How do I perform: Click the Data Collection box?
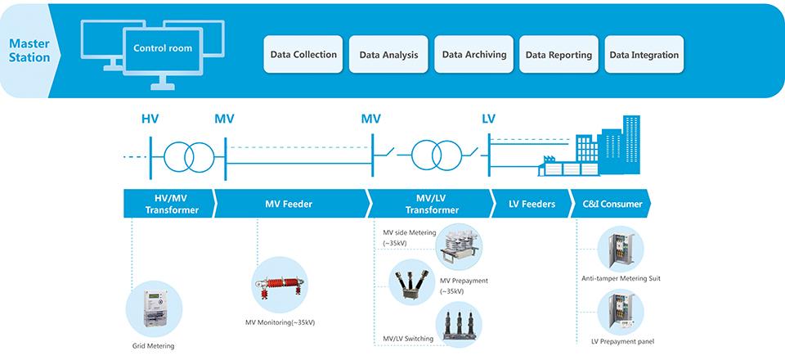[303, 54]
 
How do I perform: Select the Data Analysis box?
[388, 54]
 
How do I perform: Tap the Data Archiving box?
[474, 54]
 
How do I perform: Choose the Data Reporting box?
[558, 54]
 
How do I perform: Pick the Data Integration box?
[644, 54]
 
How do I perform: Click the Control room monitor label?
[163, 48]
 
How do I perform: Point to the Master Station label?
[29, 51]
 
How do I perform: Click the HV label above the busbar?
[150, 119]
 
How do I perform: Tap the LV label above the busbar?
[489, 119]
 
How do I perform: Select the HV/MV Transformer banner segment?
[170, 203]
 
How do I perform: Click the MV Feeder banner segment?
[293, 203]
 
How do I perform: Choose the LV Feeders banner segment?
[532, 203]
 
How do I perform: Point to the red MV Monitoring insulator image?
[280, 285]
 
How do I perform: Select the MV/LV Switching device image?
[459, 325]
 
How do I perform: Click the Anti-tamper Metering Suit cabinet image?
[621, 249]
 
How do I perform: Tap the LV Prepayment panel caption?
[622, 341]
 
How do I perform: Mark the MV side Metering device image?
[459, 246]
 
